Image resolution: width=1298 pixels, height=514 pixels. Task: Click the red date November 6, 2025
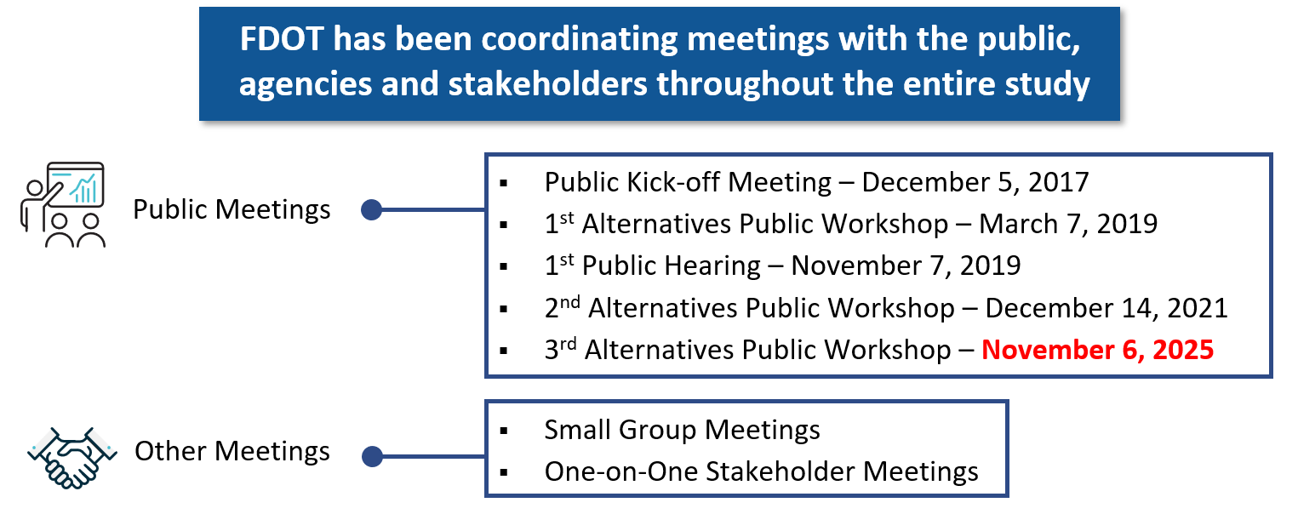pyautogui.click(x=1097, y=350)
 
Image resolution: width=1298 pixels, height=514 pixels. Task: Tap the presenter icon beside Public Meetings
pyautogui.click(x=64, y=204)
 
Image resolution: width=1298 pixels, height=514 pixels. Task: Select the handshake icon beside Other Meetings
pyautogui.click(x=71, y=458)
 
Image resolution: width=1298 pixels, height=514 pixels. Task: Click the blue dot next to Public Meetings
pyautogui.click(x=371, y=210)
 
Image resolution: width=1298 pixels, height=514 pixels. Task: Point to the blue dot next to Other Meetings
pyautogui.click(x=372, y=457)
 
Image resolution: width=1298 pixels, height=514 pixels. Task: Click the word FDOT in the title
pyautogui.click(x=282, y=39)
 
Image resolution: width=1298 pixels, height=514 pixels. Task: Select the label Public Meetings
pyautogui.click(x=232, y=210)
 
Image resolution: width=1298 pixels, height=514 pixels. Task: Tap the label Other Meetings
pyautogui.click(x=232, y=451)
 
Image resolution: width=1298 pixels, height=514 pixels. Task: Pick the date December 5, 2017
pyautogui.click(x=975, y=182)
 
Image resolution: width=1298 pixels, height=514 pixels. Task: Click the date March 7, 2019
pyautogui.click(x=1068, y=225)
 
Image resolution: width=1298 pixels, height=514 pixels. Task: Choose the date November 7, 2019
pyautogui.click(x=906, y=266)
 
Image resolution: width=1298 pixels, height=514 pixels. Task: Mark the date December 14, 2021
pyautogui.click(x=1106, y=308)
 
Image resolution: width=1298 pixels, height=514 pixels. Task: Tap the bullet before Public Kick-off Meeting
pyautogui.click(x=504, y=184)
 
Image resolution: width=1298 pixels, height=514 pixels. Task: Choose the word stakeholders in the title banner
pyautogui.click(x=547, y=84)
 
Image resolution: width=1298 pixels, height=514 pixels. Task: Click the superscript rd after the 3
pyautogui.click(x=569, y=344)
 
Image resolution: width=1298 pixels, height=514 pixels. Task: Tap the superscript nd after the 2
pyautogui.click(x=570, y=302)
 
